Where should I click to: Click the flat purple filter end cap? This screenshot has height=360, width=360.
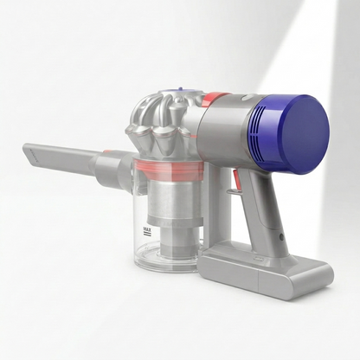[305, 134]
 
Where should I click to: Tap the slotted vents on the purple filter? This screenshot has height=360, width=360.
[258, 127]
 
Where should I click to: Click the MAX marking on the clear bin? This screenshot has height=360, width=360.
[148, 231]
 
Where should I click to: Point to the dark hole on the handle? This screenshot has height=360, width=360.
[281, 238]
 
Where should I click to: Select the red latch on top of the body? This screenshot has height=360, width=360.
[219, 97]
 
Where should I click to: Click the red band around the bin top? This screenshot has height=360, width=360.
[170, 170]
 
